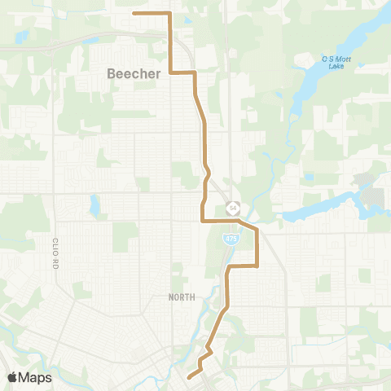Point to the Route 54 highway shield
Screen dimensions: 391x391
pos(233,208)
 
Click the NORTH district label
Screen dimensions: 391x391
pos(181,297)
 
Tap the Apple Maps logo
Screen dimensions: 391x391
pos(29,377)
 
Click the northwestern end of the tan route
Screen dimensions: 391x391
pos(134,13)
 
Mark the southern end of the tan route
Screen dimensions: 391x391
pos(188,376)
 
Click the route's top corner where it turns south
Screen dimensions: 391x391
pos(169,13)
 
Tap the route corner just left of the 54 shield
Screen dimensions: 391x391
pos(202,220)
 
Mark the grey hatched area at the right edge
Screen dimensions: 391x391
pos(373,195)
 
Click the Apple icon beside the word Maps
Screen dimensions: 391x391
pos(12,377)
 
